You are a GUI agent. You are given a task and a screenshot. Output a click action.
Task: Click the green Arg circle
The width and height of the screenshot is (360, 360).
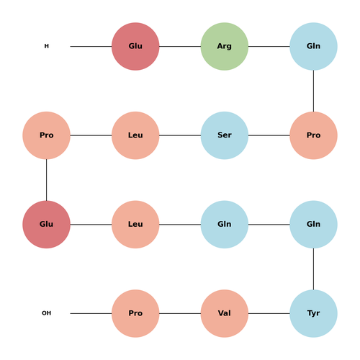(x=225, y=46)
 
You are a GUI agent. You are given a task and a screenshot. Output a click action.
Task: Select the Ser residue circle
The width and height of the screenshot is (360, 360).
(x=225, y=135)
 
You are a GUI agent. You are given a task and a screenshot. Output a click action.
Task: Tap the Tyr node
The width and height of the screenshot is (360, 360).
(x=313, y=313)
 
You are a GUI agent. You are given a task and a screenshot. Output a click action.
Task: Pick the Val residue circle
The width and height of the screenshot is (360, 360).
(x=225, y=313)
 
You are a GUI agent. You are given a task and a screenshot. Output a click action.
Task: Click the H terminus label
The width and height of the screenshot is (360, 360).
(x=47, y=46)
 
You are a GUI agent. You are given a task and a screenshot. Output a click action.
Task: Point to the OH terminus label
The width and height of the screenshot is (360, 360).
(x=47, y=313)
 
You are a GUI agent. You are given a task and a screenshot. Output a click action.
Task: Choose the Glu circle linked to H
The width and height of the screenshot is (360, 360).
(x=135, y=46)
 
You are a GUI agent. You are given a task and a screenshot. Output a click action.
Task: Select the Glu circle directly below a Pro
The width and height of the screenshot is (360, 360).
(x=46, y=225)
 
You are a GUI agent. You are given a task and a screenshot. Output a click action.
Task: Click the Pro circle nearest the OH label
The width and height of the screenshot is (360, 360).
(x=135, y=313)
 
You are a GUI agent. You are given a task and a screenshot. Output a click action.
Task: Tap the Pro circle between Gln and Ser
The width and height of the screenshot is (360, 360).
(x=313, y=135)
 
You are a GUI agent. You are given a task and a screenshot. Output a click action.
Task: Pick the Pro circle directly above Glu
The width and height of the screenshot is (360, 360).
(x=46, y=135)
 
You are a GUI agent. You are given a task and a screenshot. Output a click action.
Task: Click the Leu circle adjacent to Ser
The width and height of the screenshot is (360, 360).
(x=135, y=135)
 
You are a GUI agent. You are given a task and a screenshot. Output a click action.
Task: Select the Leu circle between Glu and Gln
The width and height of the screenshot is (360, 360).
(x=135, y=225)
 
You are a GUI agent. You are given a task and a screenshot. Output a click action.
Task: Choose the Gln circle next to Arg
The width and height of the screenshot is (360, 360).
(x=313, y=46)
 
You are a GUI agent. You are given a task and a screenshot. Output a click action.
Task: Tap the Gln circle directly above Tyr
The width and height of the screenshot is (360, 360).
(x=313, y=225)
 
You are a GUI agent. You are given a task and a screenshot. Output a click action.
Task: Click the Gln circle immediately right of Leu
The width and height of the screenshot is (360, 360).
(x=225, y=225)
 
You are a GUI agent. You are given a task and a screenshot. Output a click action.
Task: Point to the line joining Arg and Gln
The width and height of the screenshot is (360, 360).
(x=269, y=46)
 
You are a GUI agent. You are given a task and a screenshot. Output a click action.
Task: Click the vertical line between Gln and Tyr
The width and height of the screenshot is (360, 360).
(x=313, y=269)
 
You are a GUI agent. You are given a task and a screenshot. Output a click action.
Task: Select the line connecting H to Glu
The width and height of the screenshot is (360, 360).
(x=91, y=46)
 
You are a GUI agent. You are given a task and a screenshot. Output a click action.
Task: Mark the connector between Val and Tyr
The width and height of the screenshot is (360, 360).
(x=269, y=313)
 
